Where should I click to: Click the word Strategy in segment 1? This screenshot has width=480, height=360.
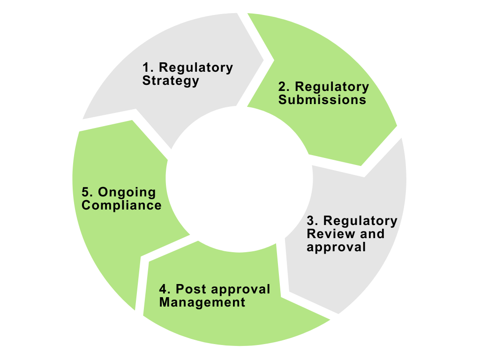coord(171,81)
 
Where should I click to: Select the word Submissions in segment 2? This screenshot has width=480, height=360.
coord(322,100)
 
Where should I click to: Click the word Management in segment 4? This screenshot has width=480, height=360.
coord(202,302)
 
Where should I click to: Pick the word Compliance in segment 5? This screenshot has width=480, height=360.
coord(121,205)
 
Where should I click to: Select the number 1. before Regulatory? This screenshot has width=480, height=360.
coord(148,67)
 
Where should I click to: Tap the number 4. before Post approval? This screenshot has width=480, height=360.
coord(165,289)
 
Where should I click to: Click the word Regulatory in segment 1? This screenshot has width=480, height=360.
coord(196,67)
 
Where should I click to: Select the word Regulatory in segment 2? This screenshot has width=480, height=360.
coord(332,87)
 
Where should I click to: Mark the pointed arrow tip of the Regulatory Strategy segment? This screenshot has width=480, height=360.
coord(273,60)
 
